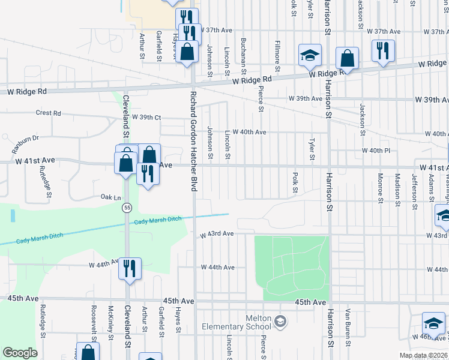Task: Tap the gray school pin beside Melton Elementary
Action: coord(280,323)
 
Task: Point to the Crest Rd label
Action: coord(49,113)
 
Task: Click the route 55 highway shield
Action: coord(127,208)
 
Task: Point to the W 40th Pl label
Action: coord(376,150)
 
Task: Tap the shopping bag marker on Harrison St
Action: coord(347,59)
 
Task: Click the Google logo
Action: coord(19,353)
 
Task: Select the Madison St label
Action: coord(397,189)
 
